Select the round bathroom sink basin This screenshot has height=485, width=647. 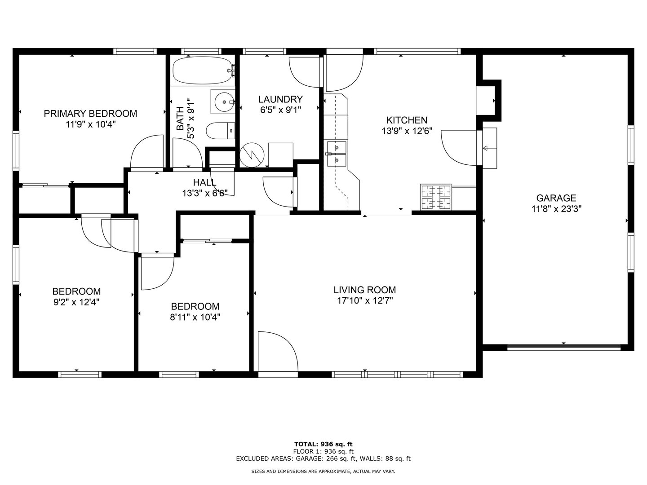[224, 102]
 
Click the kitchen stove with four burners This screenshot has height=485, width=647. [436, 197]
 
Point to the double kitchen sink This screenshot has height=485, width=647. [337, 154]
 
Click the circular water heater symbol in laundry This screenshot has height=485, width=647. [252, 155]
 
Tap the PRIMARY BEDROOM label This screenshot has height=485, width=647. [90, 113]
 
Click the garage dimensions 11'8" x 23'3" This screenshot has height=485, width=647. [556, 209]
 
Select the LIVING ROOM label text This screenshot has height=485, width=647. [365, 290]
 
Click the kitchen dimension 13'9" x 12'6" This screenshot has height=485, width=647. [407, 131]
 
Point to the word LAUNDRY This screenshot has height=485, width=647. [281, 99]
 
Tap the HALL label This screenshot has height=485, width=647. [205, 182]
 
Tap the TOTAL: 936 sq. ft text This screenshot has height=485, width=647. [323, 444]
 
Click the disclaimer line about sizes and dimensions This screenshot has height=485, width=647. [323, 472]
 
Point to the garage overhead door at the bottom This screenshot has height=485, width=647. [564, 348]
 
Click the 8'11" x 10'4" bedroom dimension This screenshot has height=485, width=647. [195, 317]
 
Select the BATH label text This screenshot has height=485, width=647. [180, 119]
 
